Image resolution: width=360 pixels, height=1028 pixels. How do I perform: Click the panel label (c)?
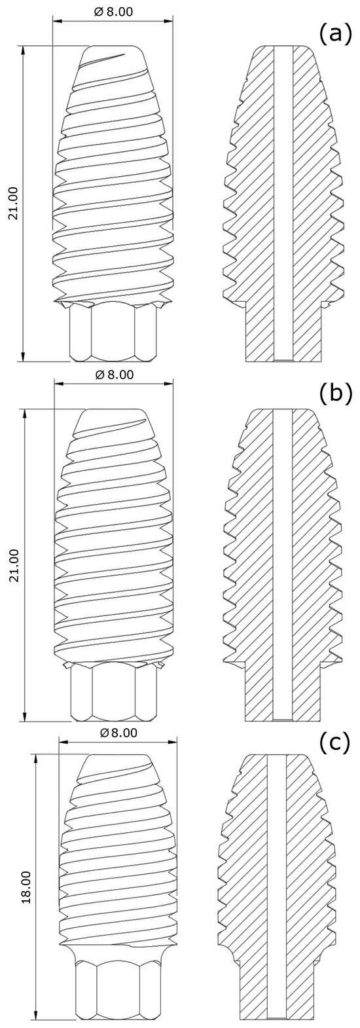335,743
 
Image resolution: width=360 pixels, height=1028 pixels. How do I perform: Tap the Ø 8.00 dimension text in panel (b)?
114,375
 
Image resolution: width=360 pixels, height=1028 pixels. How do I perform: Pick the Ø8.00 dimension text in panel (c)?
118,733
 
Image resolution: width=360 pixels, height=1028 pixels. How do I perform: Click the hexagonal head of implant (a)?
113,333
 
